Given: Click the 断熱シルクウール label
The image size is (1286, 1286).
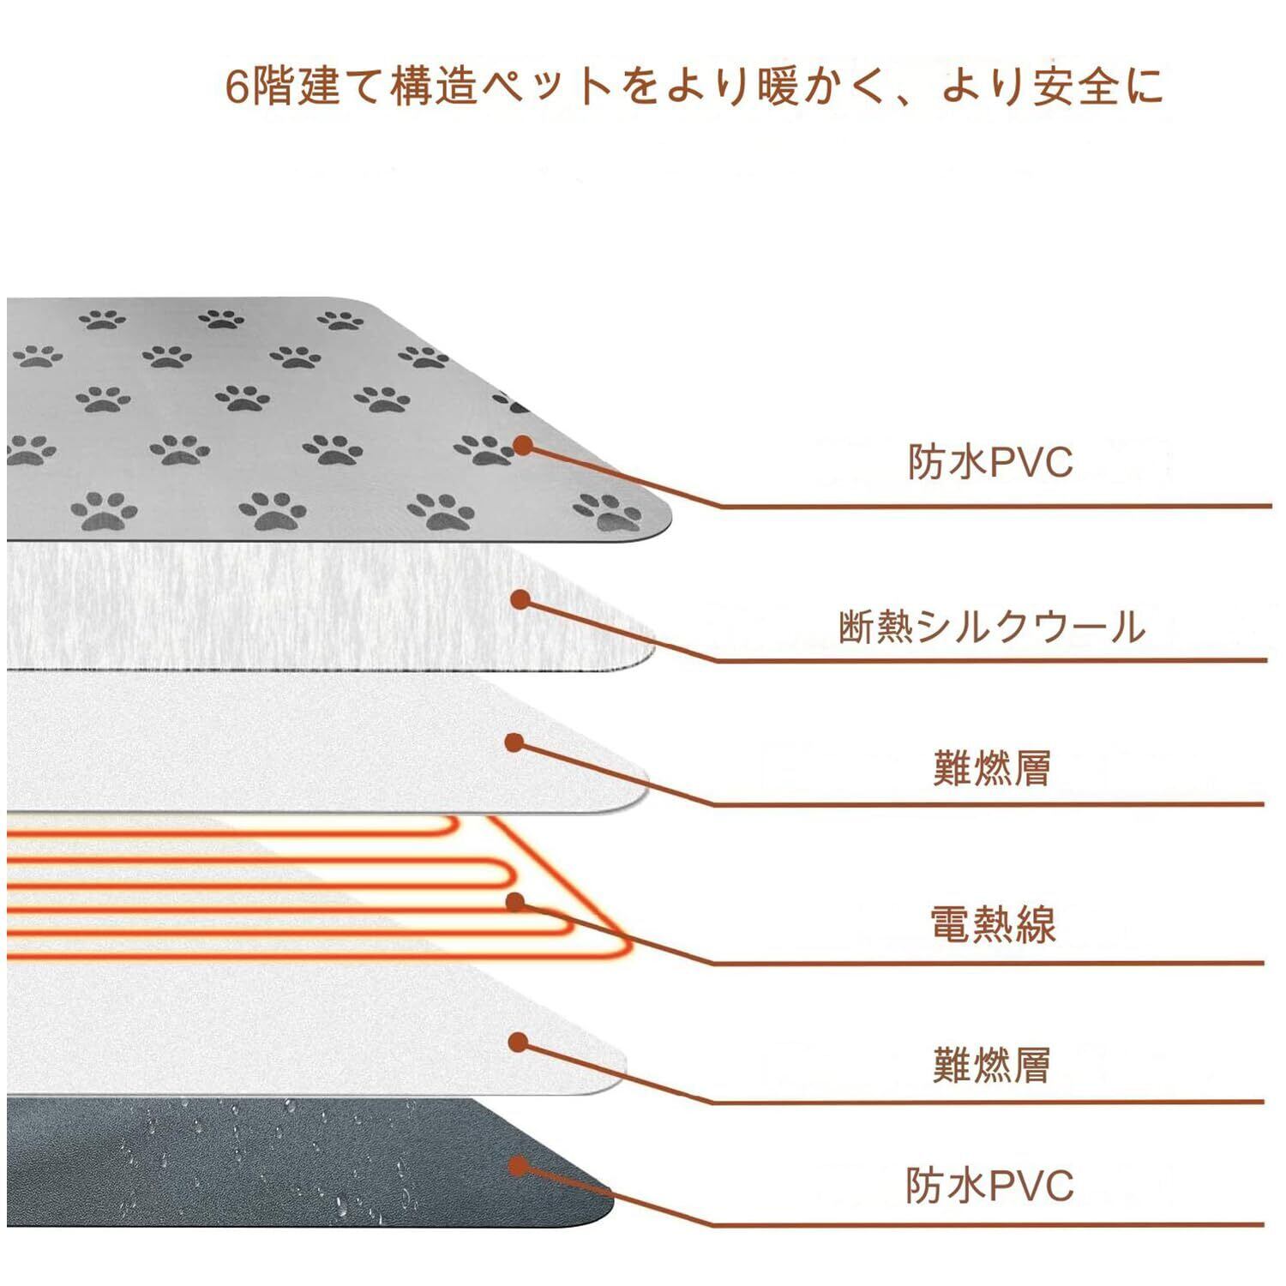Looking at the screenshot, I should pyautogui.click(x=992, y=628).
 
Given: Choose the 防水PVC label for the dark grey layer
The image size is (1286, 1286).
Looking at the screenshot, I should pyautogui.click(x=989, y=1186).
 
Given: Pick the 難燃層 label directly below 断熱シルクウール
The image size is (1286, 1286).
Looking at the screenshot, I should pyautogui.click(x=992, y=767).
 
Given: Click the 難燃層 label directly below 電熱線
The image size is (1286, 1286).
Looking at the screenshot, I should pyautogui.click(x=992, y=1066).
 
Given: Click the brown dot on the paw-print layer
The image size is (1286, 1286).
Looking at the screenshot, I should pyautogui.click(x=523, y=445).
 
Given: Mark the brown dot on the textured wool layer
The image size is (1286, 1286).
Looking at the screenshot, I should pyautogui.click(x=520, y=599).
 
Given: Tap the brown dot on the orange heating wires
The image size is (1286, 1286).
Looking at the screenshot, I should pyautogui.click(x=515, y=901).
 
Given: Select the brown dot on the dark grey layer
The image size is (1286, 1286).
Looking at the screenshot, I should pyautogui.click(x=517, y=1165).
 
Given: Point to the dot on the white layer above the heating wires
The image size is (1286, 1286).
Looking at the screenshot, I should pyautogui.click(x=514, y=742).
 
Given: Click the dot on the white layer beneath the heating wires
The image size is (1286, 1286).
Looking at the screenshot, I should pyautogui.click(x=518, y=1042).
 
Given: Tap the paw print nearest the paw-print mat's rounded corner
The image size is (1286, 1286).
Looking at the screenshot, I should pyautogui.click(x=610, y=511).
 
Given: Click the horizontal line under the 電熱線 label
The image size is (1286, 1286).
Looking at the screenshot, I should pyautogui.click(x=986, y=963).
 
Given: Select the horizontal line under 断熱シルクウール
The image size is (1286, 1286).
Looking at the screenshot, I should pyautogui.click(x=986, y=660).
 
